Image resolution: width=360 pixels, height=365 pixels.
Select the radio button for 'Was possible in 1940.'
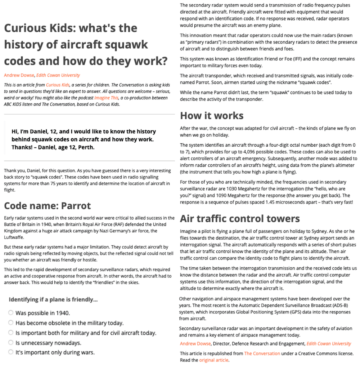[11, 312]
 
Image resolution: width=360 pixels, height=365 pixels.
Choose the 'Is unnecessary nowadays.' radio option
[11, 342]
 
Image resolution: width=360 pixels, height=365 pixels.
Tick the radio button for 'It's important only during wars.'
[11, 352]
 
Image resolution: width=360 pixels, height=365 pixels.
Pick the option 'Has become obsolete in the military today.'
[11, 322]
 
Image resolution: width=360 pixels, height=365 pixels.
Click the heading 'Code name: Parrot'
[47, 206]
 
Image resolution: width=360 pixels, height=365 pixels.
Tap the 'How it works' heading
[212, 116]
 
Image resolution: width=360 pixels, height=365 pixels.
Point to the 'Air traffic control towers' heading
[240, 219]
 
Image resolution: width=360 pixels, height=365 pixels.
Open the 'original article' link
[214, 360]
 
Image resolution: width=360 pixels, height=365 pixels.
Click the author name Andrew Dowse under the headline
[19, 75]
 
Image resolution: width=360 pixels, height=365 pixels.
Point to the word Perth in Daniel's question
[87, 147]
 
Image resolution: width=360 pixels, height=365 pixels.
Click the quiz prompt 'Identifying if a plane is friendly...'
[53, 299]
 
